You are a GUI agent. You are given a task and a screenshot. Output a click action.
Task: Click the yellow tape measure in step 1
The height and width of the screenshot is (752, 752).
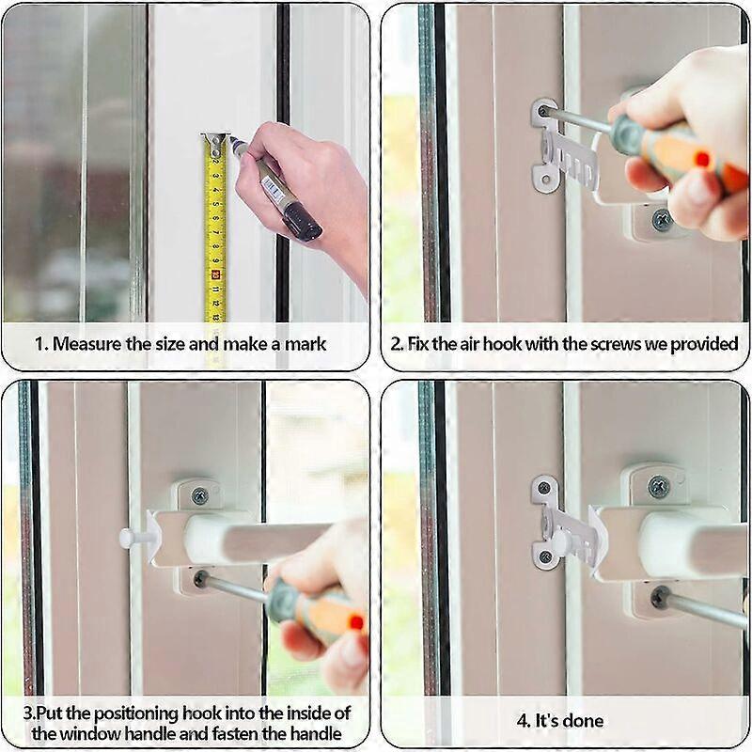click(x=215, y=235)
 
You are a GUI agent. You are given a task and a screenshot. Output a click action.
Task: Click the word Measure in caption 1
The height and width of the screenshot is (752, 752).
click(x=86, y=344)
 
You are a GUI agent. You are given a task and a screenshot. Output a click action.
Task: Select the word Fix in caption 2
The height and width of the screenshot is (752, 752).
click(x=418, y=344)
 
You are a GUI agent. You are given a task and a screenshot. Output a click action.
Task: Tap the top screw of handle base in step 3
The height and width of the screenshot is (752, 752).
click(x=199, y=495)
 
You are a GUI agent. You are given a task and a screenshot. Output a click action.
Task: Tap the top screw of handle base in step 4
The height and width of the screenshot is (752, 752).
click(x=660, y=486)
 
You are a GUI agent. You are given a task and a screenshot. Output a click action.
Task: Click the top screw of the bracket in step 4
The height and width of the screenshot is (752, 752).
click(x=543, y=489)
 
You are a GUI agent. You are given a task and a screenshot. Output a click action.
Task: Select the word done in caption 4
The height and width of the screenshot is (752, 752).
click(x=585, y=722)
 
